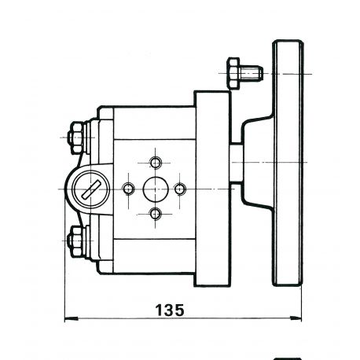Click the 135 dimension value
tap(170, 310)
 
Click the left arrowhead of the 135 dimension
tap(71, 319)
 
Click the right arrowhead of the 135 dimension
tap(296, 318)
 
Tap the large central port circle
tap(156, 189)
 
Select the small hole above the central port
tap(156, 163)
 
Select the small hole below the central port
tap(156, 214)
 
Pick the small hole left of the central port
tap(128, 189)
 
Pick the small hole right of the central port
tap(180, 189)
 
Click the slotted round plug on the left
tap(90, 189)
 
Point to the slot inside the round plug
tap(90, 190)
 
